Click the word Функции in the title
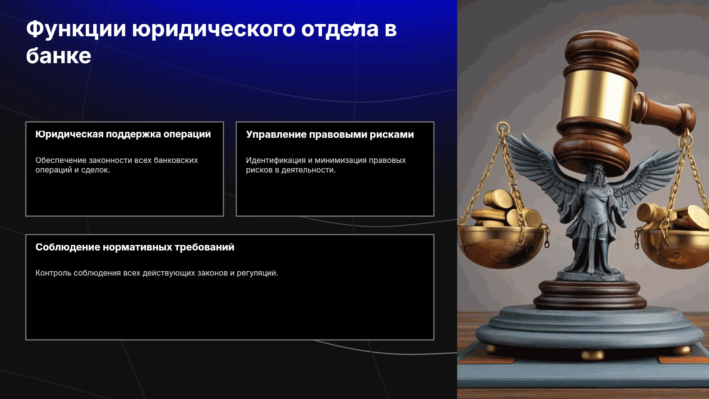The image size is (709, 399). [76, 29]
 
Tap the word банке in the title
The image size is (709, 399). [59, 56]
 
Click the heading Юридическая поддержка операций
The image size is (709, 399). [123, 134]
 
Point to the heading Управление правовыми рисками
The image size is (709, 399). [330, 135]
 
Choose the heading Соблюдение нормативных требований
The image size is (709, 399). [135, 247]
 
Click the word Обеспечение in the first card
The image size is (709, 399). [61, 160]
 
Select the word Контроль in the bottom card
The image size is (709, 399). [54, 273]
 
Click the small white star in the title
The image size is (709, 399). [354, 26]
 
